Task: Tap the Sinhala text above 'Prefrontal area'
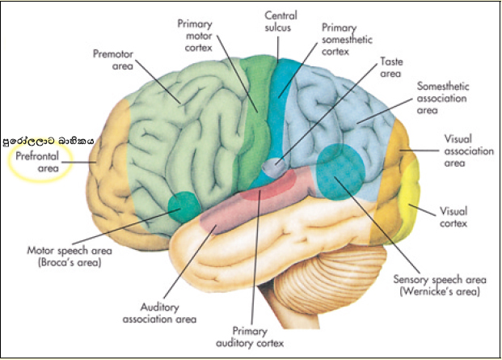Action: click(49, 138)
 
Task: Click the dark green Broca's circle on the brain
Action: click(185, 205)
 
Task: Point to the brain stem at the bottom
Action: click(292, 324)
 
